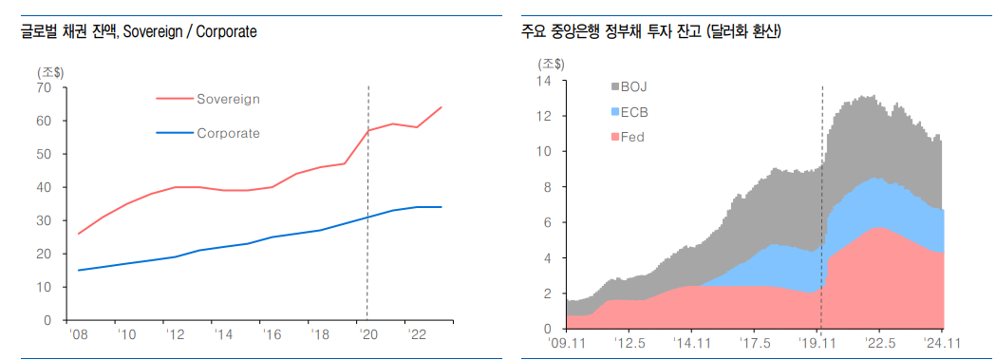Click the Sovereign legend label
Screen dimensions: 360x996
pyautogui.click(x=228, y=99)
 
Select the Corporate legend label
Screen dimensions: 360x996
pyautogui.click(x=228, y=133)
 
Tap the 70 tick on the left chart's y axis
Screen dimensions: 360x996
pyautogui.click(x=44, y=87)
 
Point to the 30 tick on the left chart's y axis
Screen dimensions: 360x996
pyautogui.click(x=44, y=220)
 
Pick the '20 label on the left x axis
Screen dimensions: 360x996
pyautogui.click(x=367, y=334)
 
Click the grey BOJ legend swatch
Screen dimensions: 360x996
pyautogui.click(x=613, y=87)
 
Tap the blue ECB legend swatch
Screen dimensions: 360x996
pyautogui.click(x=613, y=112)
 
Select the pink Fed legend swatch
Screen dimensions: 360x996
pyautogui.click(x=613, y=137)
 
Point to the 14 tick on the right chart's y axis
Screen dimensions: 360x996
pyautogui.click(x=544, y=81)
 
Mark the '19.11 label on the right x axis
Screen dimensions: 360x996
pyautogui.click(x=819, y=343)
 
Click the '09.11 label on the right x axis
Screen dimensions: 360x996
pyautogui.click(x=570, y=343)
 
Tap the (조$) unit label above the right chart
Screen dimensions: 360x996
pyautogui.click(x=551, y=65)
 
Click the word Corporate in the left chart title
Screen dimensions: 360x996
pyautogui.click(x=226, y=32)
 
